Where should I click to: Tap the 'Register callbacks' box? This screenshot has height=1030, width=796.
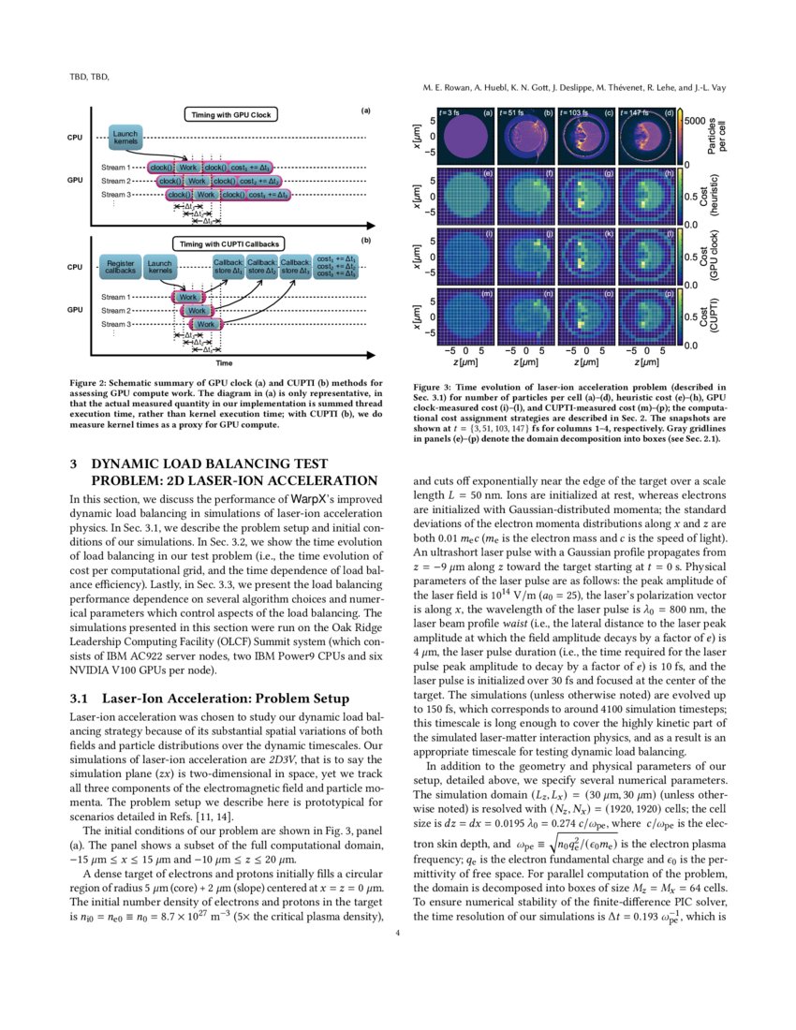click(121, 268)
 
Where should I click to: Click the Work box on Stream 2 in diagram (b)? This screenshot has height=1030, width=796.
click(196, 310)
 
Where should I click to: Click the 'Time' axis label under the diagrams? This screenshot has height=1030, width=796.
click(223, 361)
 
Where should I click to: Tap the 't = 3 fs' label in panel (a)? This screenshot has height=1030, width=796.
click(448, 112)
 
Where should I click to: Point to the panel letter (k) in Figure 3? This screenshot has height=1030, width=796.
click(609, 233)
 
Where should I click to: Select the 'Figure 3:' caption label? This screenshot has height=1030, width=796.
click(437, 387)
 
